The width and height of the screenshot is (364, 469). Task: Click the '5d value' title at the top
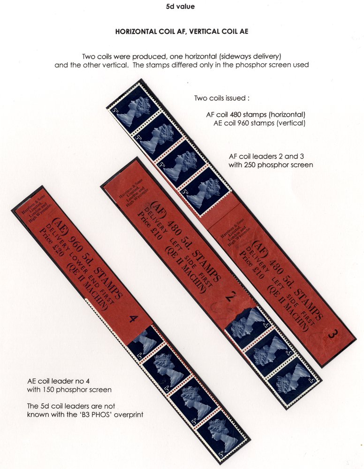coord(180,6)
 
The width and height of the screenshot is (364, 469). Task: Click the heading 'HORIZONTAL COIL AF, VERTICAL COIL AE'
coord(182,31)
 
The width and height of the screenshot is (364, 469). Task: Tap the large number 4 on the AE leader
coord(133,319)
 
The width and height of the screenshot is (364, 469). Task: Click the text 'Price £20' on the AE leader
coord(52,243)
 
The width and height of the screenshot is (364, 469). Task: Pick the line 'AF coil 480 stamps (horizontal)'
coord(256,114)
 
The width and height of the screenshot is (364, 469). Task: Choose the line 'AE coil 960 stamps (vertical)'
coord(259,123)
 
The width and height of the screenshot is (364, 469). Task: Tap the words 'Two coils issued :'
coord(221,98)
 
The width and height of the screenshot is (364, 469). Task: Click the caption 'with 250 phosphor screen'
coord(271,165)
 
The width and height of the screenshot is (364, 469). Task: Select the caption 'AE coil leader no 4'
coord(58,381)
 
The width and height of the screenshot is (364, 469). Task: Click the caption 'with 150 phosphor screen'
coord(69,390)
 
